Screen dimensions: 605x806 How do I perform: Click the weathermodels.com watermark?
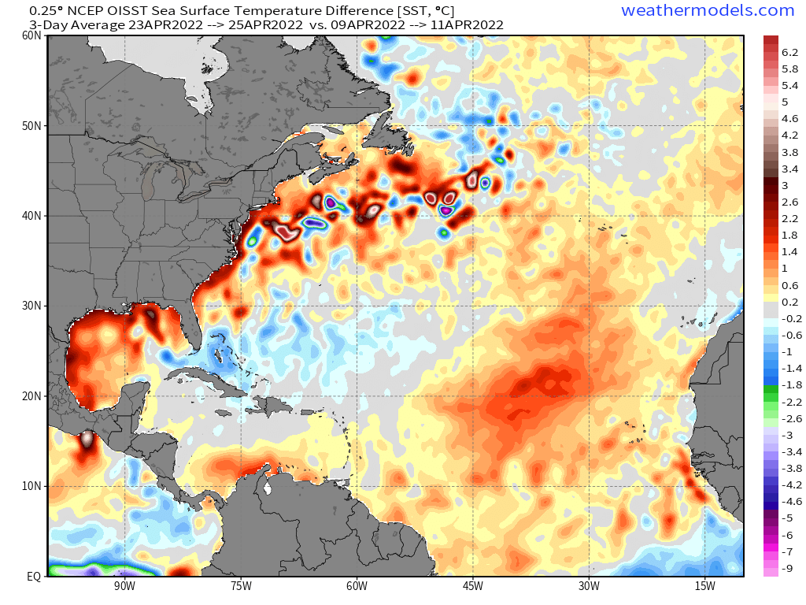coord(708,10)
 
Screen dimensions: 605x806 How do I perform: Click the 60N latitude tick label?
coord(31,36)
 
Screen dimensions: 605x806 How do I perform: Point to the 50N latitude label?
coord(31,126)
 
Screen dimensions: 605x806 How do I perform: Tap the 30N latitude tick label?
coord(31,306)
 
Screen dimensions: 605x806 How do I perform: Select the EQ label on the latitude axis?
coord(34,576)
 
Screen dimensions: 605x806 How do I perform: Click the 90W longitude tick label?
coord(124,586)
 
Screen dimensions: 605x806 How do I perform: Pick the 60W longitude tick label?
coord(357,586)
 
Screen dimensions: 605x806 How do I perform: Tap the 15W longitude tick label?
coord(704,586)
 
